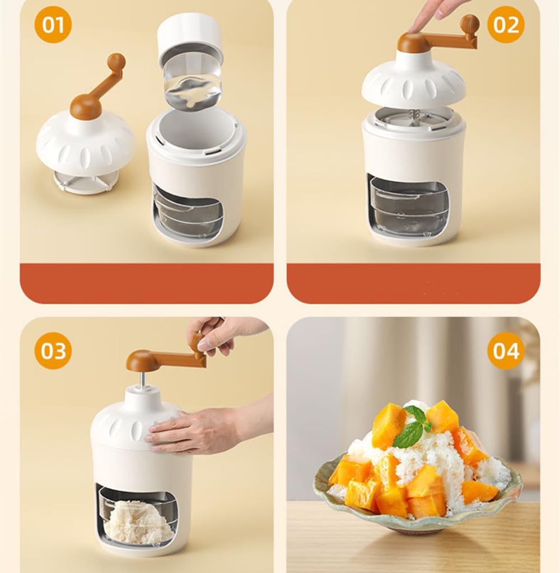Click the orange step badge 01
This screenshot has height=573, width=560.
pos(53,25)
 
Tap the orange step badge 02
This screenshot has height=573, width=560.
pos(506,25)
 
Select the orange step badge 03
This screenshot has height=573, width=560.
pos(53,351)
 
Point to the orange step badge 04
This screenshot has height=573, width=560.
pos(506,351)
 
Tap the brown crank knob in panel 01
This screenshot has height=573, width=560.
pos(116,62)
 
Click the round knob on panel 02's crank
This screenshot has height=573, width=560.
pos(470,25)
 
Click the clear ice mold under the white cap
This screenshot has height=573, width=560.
pos(193,83)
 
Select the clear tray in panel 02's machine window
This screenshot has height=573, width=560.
pos(409,207)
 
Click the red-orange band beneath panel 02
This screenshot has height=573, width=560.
pos(413,283)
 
